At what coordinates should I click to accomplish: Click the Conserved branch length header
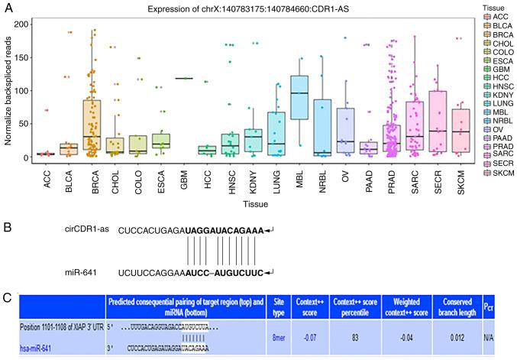[x=452, y=306]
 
